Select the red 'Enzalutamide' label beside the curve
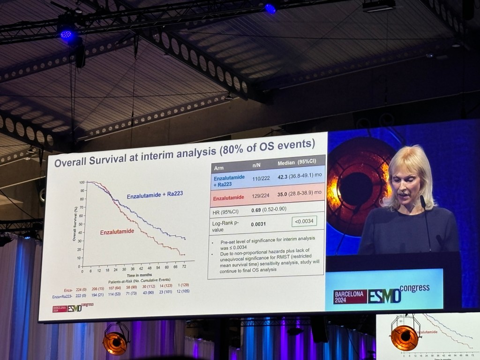117,232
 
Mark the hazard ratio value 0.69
256,209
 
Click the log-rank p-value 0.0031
258,224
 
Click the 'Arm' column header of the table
219,168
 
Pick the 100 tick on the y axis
82,182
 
